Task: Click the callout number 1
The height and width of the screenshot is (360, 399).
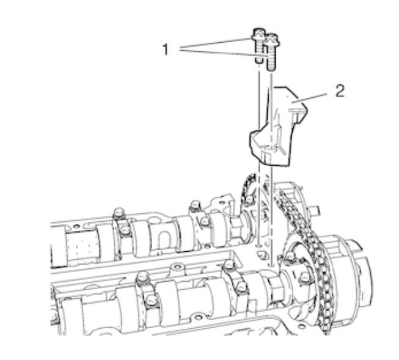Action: click(166, 50)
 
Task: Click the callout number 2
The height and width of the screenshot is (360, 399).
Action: click(340, 91)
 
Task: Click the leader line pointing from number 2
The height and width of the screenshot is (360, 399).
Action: click(309, 98)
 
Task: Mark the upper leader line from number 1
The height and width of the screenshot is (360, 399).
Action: click(215, 43)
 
